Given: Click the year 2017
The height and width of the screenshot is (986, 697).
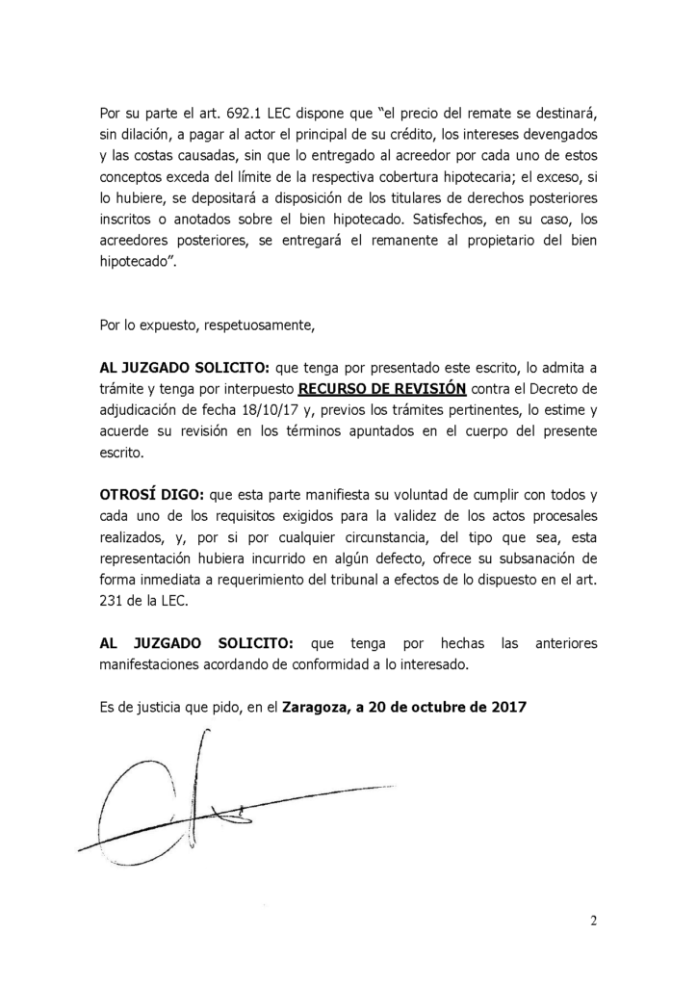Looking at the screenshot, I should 505,707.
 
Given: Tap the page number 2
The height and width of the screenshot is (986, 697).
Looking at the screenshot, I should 594,920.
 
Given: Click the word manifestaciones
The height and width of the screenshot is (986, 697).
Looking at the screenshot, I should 152,663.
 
